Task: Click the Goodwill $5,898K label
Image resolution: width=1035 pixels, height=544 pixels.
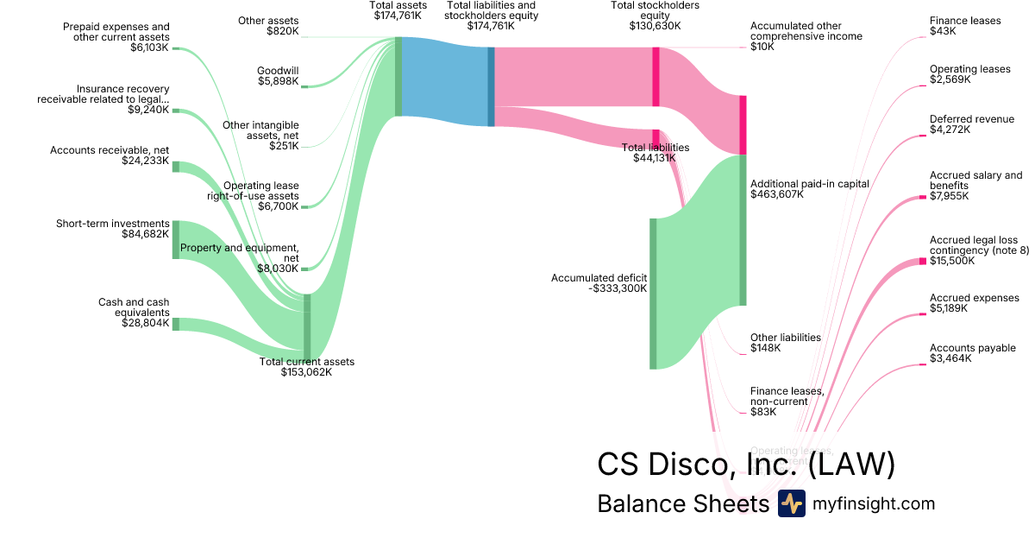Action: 278,76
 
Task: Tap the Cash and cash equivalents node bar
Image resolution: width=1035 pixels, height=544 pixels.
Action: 176,324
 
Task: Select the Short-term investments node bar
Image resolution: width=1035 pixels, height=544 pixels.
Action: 176,239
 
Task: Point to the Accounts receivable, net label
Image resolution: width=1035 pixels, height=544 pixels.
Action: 110,155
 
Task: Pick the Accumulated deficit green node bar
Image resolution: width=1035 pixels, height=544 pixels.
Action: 653,294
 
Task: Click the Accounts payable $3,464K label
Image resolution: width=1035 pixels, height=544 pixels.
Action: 972,353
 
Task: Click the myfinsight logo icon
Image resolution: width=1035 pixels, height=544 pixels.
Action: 791,503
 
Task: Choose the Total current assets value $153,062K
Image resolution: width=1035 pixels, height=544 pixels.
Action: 306,372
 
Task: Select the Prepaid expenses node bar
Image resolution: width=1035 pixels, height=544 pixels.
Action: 176,48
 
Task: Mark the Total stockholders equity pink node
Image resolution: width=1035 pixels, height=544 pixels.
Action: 655,77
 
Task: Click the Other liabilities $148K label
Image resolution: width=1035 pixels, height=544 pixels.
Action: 785,343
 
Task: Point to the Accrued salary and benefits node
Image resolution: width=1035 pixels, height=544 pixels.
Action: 922,199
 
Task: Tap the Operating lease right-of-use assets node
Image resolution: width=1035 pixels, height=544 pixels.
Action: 304,206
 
